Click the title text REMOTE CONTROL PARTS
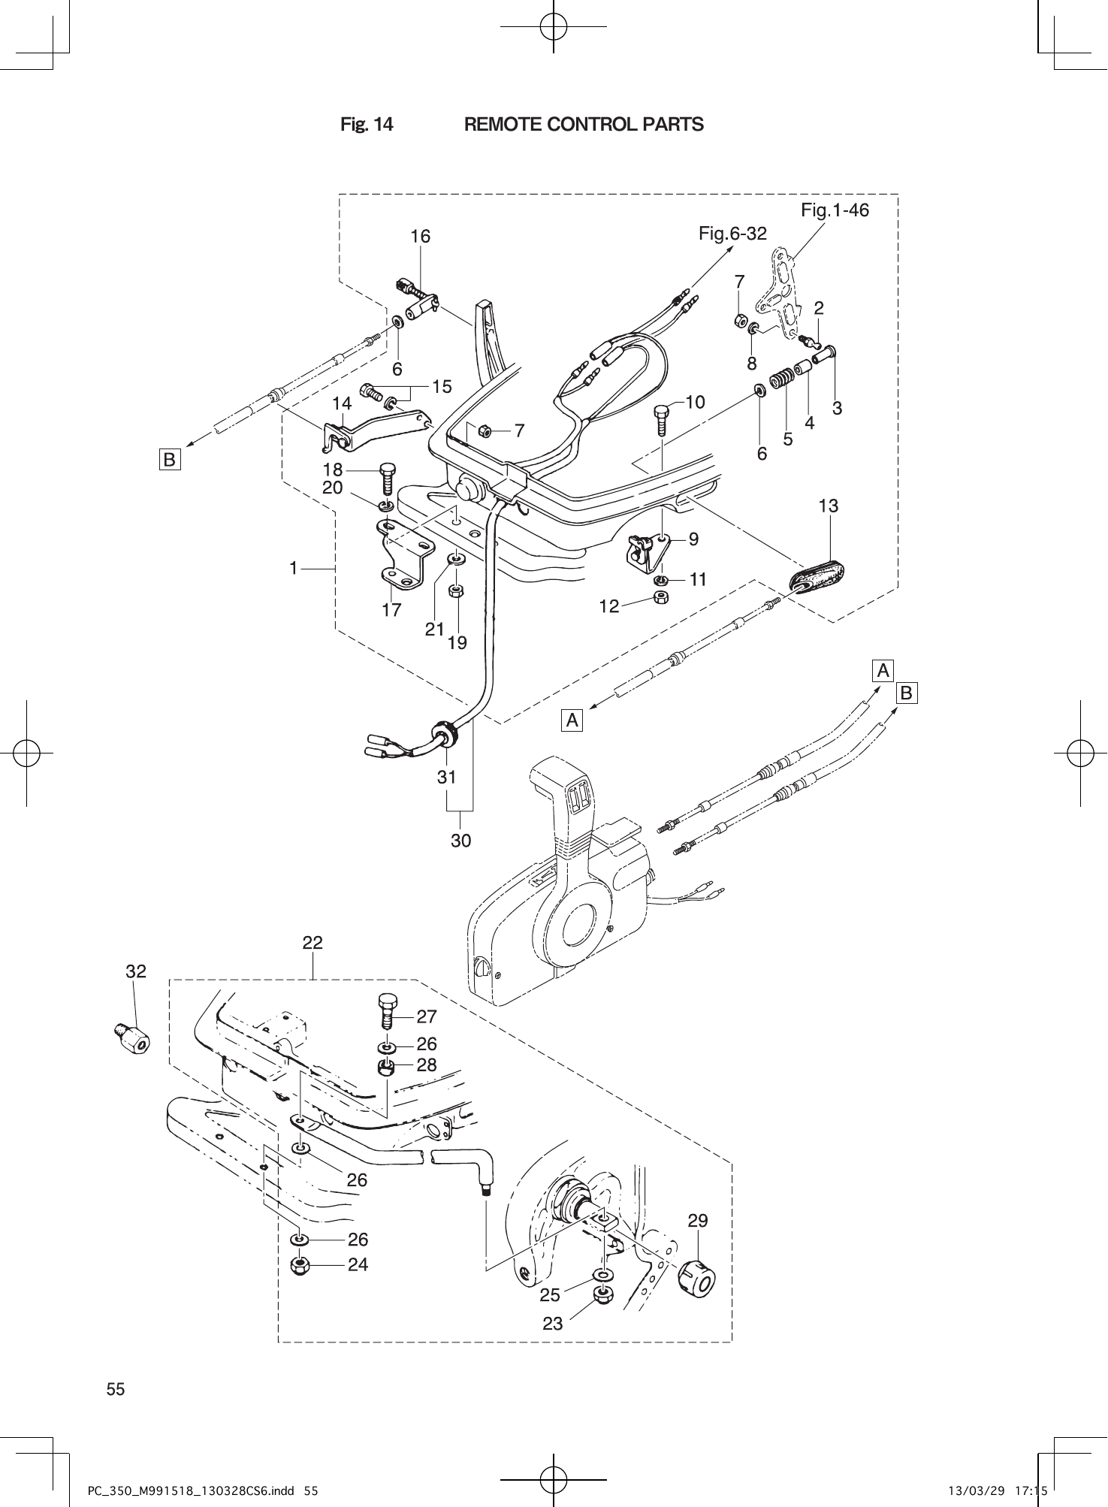584,125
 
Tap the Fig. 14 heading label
367,125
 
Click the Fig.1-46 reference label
835,210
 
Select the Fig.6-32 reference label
732,234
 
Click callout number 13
828,506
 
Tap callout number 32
136,971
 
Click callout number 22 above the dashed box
312,943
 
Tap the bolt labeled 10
661,419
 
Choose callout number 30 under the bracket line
460,841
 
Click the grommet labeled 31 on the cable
445,732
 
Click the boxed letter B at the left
170,459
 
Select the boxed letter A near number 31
572,720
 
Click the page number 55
116,1389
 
